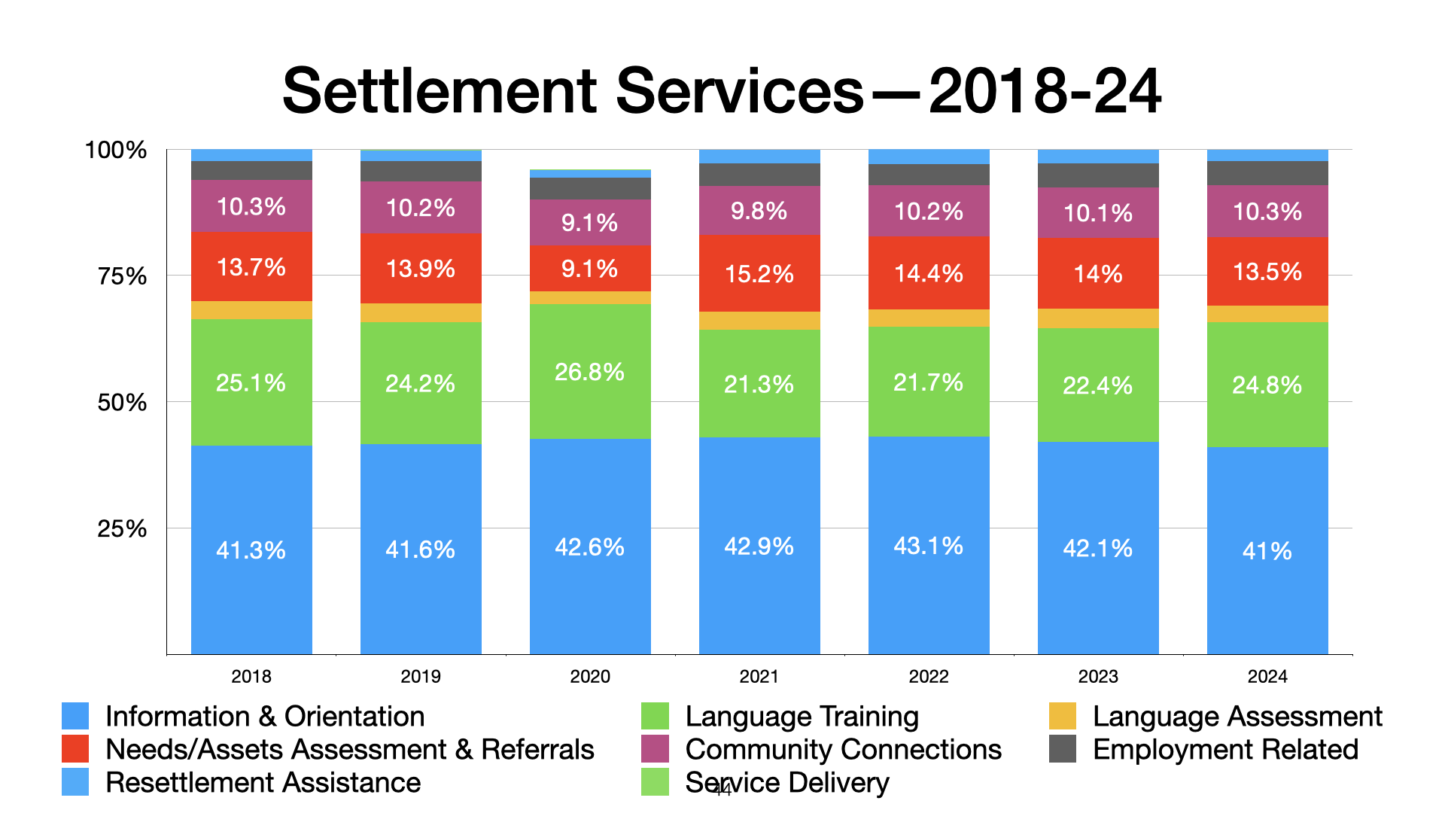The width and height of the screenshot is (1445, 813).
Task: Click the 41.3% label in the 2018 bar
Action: (251, 550)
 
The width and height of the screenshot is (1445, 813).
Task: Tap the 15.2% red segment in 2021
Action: (759, 273)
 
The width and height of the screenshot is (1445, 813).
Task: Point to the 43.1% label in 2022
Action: (928, 546)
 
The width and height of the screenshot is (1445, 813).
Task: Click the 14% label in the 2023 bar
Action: (1098, 274)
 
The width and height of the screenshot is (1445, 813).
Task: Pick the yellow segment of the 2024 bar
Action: (1267, 314)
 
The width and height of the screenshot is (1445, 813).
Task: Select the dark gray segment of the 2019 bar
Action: (421, 171)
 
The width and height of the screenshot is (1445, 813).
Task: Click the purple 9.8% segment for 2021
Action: (759, 211)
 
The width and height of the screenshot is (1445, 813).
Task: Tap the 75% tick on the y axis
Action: (122, 276)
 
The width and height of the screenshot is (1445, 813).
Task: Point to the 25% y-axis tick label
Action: (122, 528)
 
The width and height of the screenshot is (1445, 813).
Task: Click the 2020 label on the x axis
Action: (590, 676)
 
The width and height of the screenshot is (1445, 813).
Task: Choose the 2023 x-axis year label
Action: (1098, 676)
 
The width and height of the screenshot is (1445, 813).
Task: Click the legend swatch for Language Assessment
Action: (1062, 716)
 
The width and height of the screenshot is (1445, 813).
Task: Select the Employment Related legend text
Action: (1225, 750)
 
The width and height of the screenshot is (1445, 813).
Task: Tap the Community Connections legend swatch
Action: (655, 749)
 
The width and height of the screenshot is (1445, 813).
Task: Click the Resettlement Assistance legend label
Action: (263, 783)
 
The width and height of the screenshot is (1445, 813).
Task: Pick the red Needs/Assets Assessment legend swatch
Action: (75, 749)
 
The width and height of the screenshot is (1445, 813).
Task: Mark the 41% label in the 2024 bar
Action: (1267, 551)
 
